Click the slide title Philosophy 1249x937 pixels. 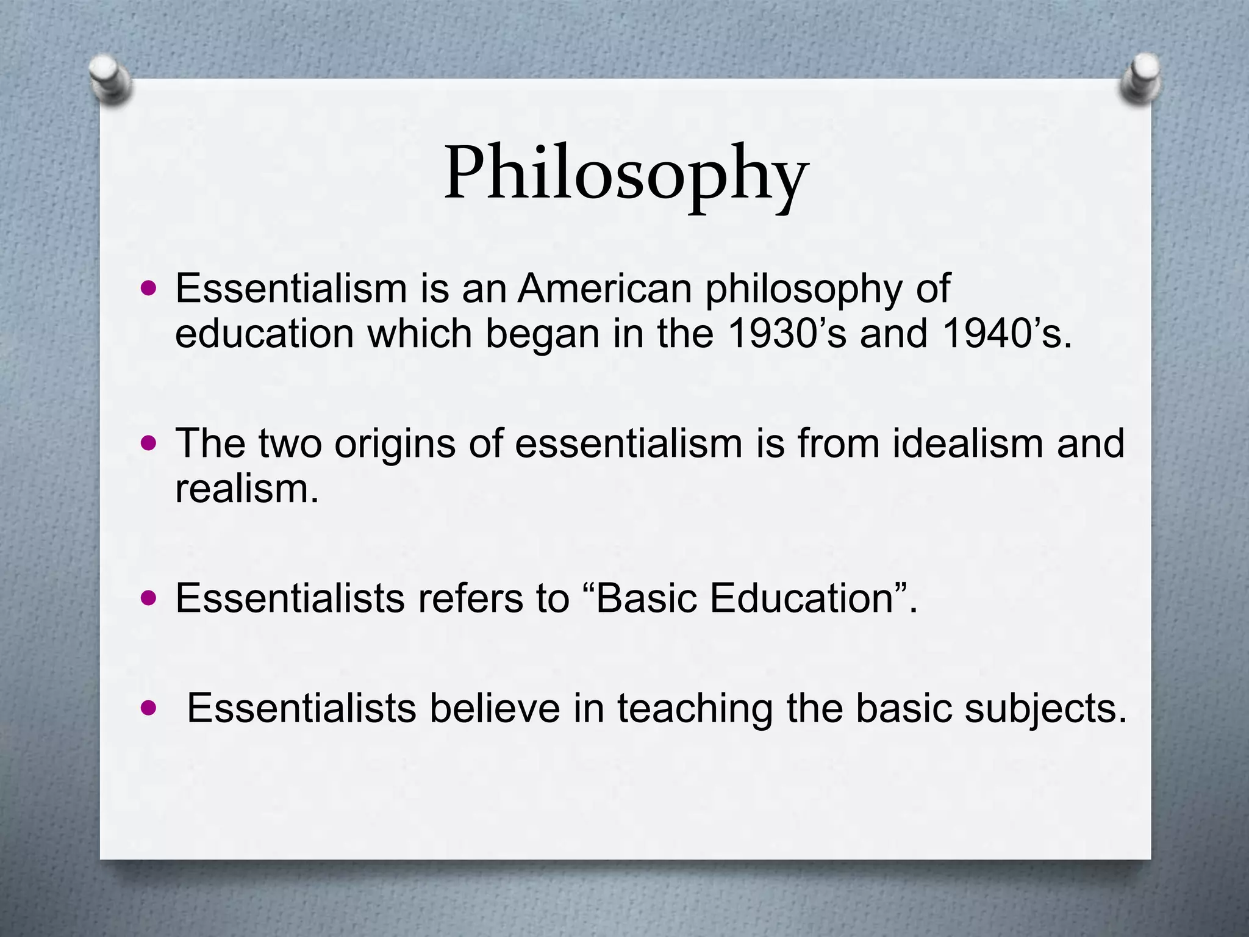coord(626,174)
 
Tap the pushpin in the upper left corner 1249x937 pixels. coord(110,79)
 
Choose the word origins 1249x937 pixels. coord(395,444)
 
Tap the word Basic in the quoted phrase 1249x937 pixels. coord(639,598)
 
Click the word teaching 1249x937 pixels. coord(695,709)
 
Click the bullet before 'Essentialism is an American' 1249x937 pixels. coord(148,287)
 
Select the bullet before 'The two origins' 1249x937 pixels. coord(148,442)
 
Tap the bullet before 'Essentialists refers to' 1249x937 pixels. coord(148,597)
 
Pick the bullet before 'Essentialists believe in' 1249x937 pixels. coord(148,708)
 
